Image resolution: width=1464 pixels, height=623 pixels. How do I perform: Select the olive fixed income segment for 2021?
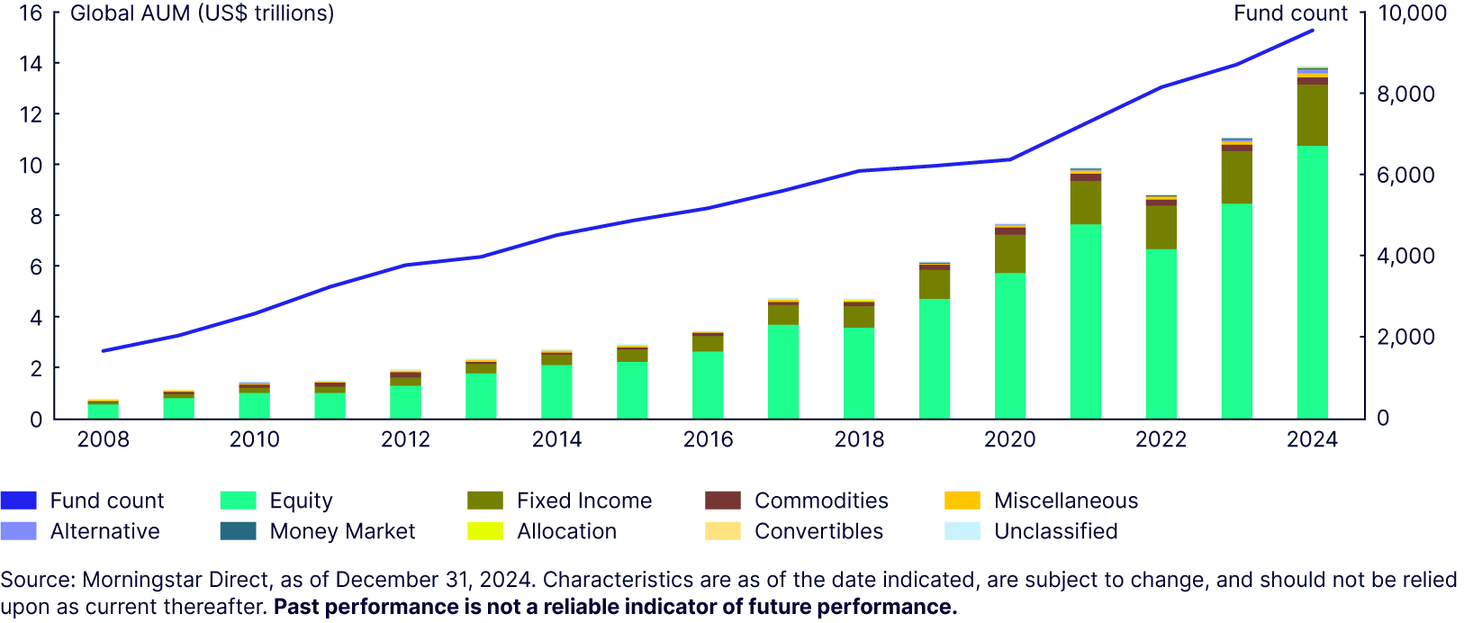coord(1085,203)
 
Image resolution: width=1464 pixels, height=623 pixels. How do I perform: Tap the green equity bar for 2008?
coord(103,411)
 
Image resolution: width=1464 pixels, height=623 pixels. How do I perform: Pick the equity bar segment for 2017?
coord(783,371)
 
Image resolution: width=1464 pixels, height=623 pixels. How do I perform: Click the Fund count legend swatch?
coord(19,501)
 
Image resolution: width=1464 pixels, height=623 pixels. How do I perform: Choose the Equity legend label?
coord(301,501)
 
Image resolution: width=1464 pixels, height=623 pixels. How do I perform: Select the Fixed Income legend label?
coord(584,501)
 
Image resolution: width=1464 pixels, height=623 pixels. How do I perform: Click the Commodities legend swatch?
coord(723,501)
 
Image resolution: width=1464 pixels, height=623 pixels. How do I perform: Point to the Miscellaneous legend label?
coord(1066,501)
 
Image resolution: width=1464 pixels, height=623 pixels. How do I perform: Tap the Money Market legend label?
coord(342,531)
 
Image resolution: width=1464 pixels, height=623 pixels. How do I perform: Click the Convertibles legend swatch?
coord(723,531)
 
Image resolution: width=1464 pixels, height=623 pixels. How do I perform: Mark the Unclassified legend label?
coord(1056,531)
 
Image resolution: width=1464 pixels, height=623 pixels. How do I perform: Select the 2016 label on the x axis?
coord(708,439)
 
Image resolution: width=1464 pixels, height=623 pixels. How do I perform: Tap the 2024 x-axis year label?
coord(1312,439)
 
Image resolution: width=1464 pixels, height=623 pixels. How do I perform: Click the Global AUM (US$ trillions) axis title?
coord(202,14)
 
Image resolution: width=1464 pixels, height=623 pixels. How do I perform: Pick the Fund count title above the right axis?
coord(1290,14)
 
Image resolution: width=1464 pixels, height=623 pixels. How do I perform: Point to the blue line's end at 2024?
coord(1313,30)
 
